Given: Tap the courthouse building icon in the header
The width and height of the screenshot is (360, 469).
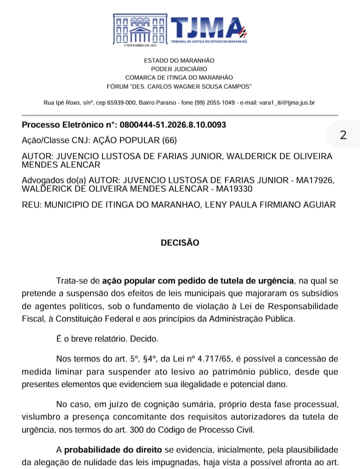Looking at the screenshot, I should point(140,29).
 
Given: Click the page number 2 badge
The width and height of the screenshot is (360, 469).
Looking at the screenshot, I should point(343,135).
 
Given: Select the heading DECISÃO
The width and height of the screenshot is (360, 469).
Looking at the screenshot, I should point(180,243).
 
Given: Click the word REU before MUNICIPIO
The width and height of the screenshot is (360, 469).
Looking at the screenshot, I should point(31,204).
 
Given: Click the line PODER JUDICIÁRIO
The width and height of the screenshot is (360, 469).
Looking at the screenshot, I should point(179,69).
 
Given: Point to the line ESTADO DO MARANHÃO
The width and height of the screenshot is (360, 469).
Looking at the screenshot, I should point(179,60).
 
